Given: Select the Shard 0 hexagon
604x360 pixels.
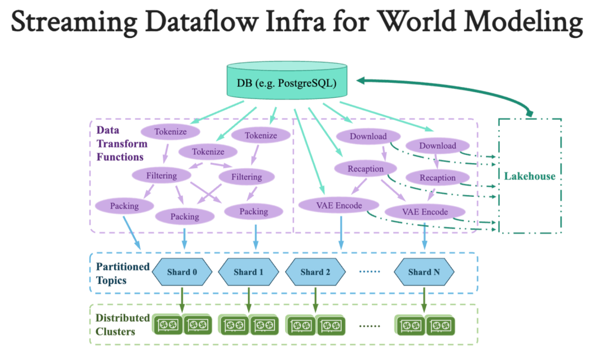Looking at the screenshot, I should (182, 272).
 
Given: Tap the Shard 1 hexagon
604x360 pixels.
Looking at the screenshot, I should (248, 272).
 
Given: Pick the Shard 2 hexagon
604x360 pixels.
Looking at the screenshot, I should (315, 272).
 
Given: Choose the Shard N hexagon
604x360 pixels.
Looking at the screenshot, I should (423, 272).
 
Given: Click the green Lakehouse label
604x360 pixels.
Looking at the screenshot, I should (530, 176).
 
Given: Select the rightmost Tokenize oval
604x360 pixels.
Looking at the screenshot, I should (261, 135).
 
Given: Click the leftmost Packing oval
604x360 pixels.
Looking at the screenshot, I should (124, 206).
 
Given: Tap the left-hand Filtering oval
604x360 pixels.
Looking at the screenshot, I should (162, 176).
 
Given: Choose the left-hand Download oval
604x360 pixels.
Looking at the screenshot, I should (368, 136).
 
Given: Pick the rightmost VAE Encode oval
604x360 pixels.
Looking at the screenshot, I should (425, 212).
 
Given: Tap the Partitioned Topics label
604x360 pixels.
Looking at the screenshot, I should (122, 272).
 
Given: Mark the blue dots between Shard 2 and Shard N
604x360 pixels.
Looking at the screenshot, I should (369, 272).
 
